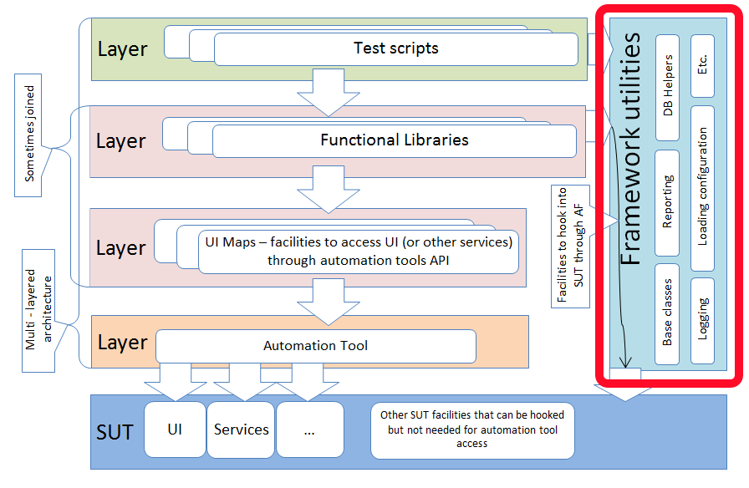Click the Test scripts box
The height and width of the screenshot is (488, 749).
[x=395, y=48]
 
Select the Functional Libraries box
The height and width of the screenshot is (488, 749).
[x=394, y=140]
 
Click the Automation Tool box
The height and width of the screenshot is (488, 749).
[x=315, y=345]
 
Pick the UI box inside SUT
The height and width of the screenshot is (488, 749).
[x=175, y=430]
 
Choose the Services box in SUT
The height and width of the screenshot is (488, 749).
[x=241, y=430]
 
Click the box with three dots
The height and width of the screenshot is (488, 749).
[x=309, y=430]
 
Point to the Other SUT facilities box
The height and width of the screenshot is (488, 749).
[x=472, y=430]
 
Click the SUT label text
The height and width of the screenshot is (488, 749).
[x=115, y=432]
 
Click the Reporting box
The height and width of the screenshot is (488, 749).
[x=668, y=202]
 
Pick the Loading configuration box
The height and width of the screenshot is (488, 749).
[x=703, y=187]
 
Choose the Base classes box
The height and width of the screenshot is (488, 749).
[x=668, y=316]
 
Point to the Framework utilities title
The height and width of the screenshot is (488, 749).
[x=633, y=150]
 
